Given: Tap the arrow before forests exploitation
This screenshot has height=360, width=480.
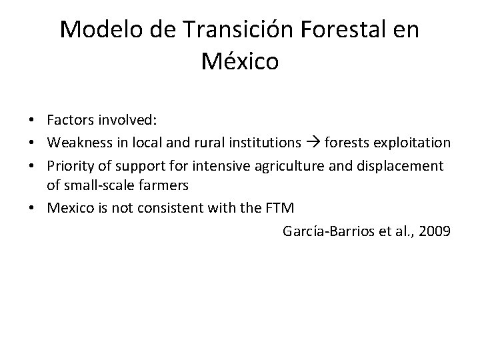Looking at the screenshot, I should pos(313,143).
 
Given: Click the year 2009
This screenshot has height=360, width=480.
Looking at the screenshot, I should pos(436,231).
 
